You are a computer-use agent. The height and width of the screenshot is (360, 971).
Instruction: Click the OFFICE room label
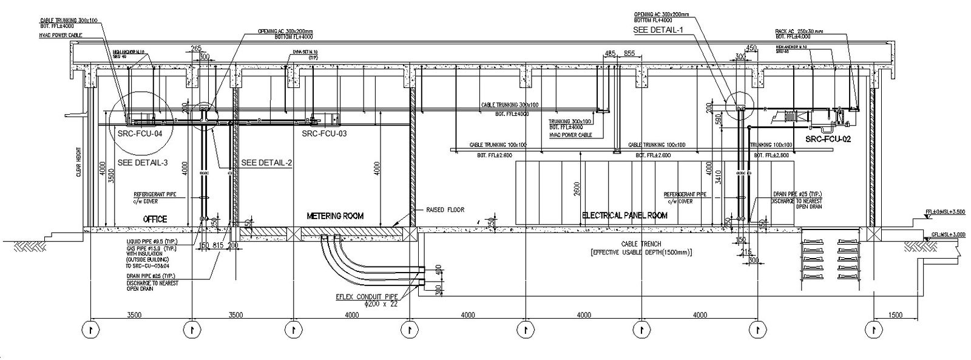pyautogui.click(x=155, y=219)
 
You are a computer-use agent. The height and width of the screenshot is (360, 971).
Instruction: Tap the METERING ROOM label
pyautogui.click(x=335, y=216)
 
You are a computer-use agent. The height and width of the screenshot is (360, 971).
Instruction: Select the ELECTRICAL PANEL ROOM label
pyautogui.click(x=624, y=216)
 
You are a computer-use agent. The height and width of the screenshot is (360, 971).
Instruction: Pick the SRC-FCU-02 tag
pyautogui.click(x=828, y=140)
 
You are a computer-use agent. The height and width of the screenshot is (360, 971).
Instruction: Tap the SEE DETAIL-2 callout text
pyautogui.click(x=266, y=163)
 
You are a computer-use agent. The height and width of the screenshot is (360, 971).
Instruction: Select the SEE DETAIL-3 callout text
pyautogui.click(x=143, y=163)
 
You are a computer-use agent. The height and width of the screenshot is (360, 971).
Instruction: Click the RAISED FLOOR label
pyautogui.click(x=446, y=209)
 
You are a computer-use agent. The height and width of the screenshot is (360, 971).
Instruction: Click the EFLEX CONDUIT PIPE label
pyautogui.click(x=367, y=297)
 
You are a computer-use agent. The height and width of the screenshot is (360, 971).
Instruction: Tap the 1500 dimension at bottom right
pyautogui.click(x=895, y=315)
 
